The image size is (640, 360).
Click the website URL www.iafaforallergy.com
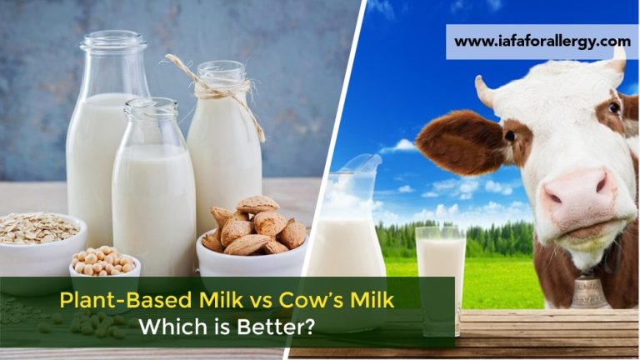542,41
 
